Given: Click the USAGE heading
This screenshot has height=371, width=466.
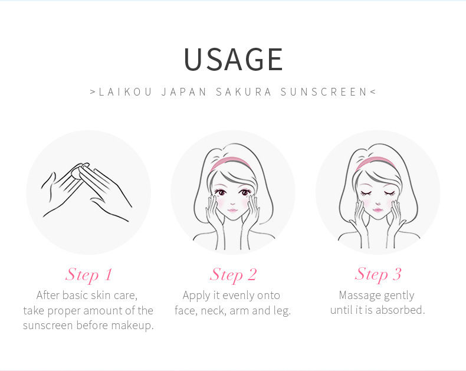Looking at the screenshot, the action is click(234, 59).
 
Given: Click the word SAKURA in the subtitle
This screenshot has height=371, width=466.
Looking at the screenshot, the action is click(244, 92).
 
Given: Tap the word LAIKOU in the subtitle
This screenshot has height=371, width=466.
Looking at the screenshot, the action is click(126, 92).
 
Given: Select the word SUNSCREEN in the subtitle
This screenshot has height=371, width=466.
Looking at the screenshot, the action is click(324, 92).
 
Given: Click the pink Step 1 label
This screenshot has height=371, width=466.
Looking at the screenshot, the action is click(88, 274).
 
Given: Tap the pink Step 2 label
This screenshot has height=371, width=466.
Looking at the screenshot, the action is click(233, 274).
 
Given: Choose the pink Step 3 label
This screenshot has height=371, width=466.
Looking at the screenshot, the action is click(378, 274).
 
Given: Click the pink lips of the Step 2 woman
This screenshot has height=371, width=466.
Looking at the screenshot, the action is click(232, 211).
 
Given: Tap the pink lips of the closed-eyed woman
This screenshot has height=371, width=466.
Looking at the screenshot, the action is click(378, 210).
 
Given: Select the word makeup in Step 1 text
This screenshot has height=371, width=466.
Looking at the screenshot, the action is click(133, 325).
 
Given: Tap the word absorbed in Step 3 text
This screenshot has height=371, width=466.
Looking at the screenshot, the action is click(401, 310).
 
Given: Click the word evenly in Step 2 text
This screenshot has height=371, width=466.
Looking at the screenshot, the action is click(238, 296).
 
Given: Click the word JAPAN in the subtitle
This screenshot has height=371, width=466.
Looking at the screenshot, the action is click(184, 92).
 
